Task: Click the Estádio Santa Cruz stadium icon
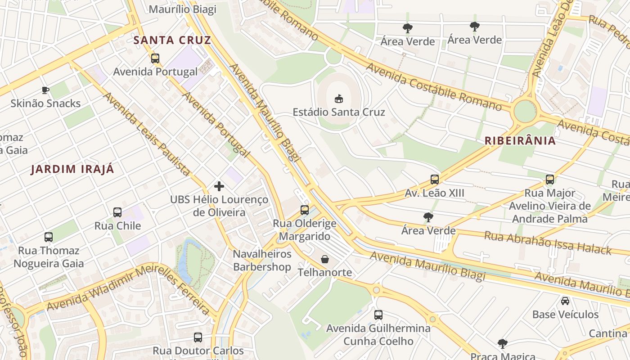point(339,99)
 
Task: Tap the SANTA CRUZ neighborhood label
point(172,40)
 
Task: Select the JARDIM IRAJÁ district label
point(72,169)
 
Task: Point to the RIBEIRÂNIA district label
point(520,140)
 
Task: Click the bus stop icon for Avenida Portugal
point(155,58)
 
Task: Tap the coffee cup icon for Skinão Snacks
point(45,90)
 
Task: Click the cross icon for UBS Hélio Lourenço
point(219,186)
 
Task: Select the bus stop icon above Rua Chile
point(117,212)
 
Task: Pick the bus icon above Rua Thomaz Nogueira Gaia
point(49,237)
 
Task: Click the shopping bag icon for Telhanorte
point(325,259)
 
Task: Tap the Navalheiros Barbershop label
point(262,261)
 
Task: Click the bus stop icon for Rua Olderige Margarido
point(305,210)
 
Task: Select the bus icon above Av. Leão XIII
point(435,180)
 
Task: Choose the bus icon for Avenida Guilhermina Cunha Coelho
point(378,315)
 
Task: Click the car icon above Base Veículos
point(565,301)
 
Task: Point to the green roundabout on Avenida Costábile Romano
point(525,111)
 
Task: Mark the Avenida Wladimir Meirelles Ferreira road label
point(128,288)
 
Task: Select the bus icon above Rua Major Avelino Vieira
point(550,180)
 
